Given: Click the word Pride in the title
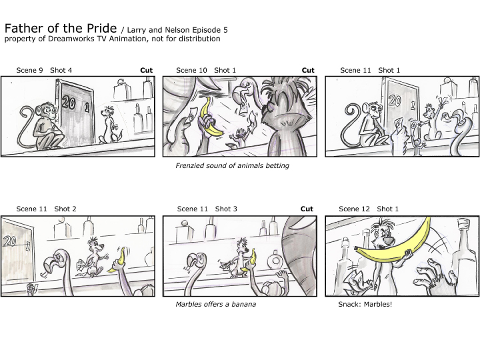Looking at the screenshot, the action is (101, 28).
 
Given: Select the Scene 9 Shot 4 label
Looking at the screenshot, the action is (44, 70).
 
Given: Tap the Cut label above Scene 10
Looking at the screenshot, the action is (308, 70).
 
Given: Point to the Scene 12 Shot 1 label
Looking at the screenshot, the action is (369, 209).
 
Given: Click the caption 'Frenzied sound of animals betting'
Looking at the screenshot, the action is (233, 165).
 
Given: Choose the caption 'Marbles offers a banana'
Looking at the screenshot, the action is (216, 304).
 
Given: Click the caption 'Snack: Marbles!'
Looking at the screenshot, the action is (365, 304).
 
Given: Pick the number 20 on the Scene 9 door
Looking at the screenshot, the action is (69, 102).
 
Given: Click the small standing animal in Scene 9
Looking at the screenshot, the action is (109, 125).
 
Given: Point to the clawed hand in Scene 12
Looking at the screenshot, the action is (434, 277).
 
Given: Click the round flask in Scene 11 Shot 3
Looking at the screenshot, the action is (275, 261).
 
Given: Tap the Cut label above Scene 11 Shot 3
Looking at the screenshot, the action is (307, 209).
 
